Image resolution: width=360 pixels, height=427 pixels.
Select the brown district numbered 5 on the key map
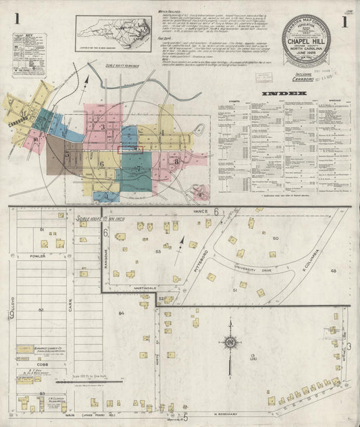pos(68,154)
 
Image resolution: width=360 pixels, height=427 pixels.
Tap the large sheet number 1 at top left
pos(16,20)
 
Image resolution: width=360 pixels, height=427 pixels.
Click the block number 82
pos(41,309)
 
